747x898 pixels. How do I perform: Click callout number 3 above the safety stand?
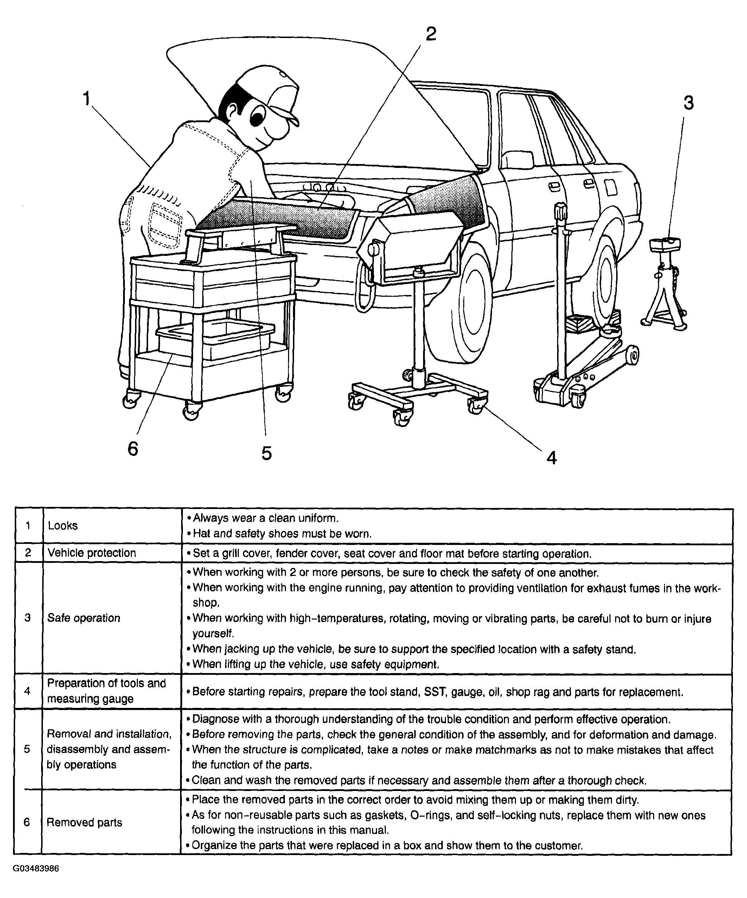click(x=688, y=103)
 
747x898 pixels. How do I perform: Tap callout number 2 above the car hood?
click(x=431, y=34)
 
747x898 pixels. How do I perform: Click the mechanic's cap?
click(x=269, y=92)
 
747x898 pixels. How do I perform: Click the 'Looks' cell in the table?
click(x=63, y=526)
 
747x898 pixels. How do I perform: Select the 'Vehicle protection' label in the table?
click(x=91, y=553)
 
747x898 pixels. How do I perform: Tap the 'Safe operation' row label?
click(x=84, y=618)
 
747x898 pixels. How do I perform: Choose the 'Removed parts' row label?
click(x=84, y=822)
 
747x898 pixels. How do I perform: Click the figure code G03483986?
click(x=36, y=868)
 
